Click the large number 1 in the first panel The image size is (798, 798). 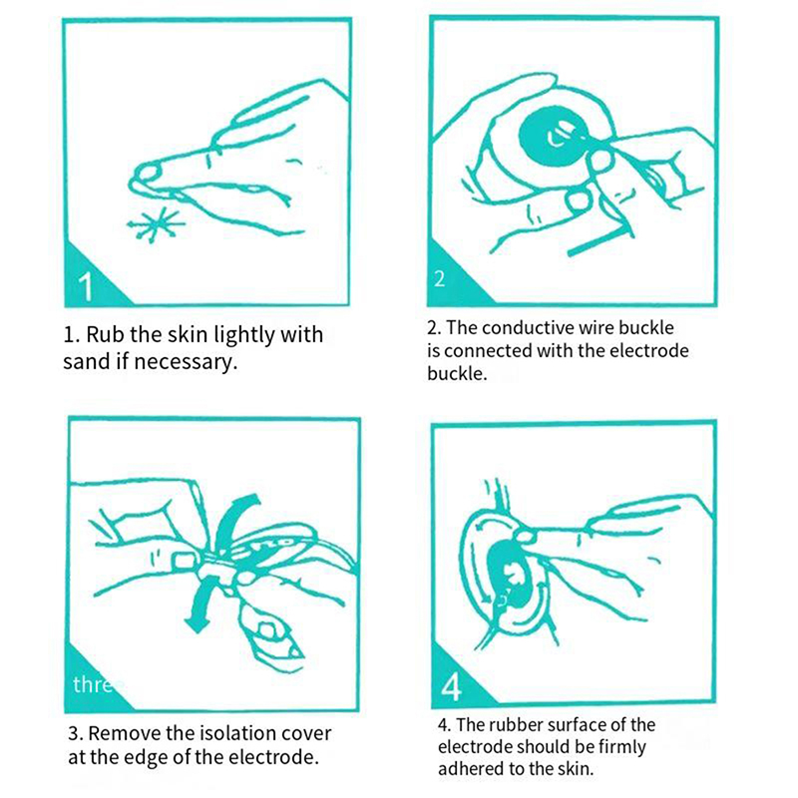coord(86,286)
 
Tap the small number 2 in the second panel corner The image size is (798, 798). coord(440,279)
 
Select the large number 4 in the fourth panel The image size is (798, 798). coord(451,687)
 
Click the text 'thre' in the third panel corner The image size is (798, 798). coord(93,684)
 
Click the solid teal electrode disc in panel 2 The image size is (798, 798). coord(551,139)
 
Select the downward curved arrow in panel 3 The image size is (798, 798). coord(200,605)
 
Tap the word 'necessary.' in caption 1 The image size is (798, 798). coord(186,362)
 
